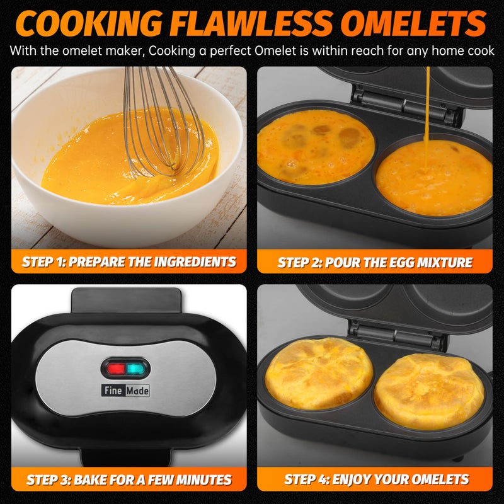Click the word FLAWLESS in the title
coord(251,23)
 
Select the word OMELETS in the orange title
coord(413,23)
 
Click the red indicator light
coord(115,369)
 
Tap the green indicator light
coord(135,369)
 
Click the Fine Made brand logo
coord(125,391)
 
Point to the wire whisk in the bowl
coord(164,122)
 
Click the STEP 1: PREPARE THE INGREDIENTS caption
coord(129,261)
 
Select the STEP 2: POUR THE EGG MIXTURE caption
coord(375,262)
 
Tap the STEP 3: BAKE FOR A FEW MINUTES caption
coord(129,479)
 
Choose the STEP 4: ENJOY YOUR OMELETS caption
coord(376,479)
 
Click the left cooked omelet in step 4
coord(319,373)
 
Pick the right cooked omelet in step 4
coord(430,391)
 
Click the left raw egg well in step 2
coord(316,147)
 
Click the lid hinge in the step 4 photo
coord(397,335)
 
